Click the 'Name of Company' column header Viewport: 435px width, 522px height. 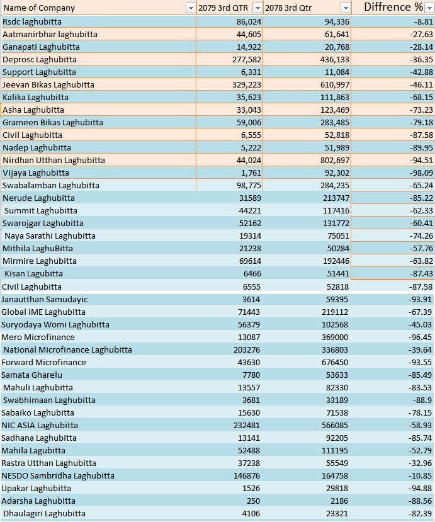39,8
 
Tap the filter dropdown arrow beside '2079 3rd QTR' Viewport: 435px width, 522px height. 257,8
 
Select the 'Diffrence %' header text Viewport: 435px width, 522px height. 393,7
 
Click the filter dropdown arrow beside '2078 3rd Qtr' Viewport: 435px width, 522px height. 346,8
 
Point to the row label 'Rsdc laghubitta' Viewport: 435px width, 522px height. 32,22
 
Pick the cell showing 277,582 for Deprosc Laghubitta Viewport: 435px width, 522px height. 247,60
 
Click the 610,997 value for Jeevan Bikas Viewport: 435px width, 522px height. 335,85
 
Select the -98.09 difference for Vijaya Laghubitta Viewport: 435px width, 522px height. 421,173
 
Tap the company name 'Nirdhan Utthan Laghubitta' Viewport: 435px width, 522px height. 54,161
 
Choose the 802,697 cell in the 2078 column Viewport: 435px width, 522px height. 335,161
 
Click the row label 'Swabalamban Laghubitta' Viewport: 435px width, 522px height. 50,185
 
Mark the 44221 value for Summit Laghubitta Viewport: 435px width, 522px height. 250,211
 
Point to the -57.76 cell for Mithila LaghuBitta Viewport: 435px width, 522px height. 421,249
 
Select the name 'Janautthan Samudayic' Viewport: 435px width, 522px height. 44,300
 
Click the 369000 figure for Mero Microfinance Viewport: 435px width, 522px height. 335,338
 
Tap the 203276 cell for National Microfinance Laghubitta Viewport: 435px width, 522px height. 247,350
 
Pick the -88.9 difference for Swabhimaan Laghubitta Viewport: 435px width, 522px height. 423,400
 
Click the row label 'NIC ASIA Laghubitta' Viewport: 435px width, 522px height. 40,426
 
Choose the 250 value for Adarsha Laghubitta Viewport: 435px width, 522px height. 254,501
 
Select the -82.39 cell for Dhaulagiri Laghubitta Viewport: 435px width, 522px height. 421,514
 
